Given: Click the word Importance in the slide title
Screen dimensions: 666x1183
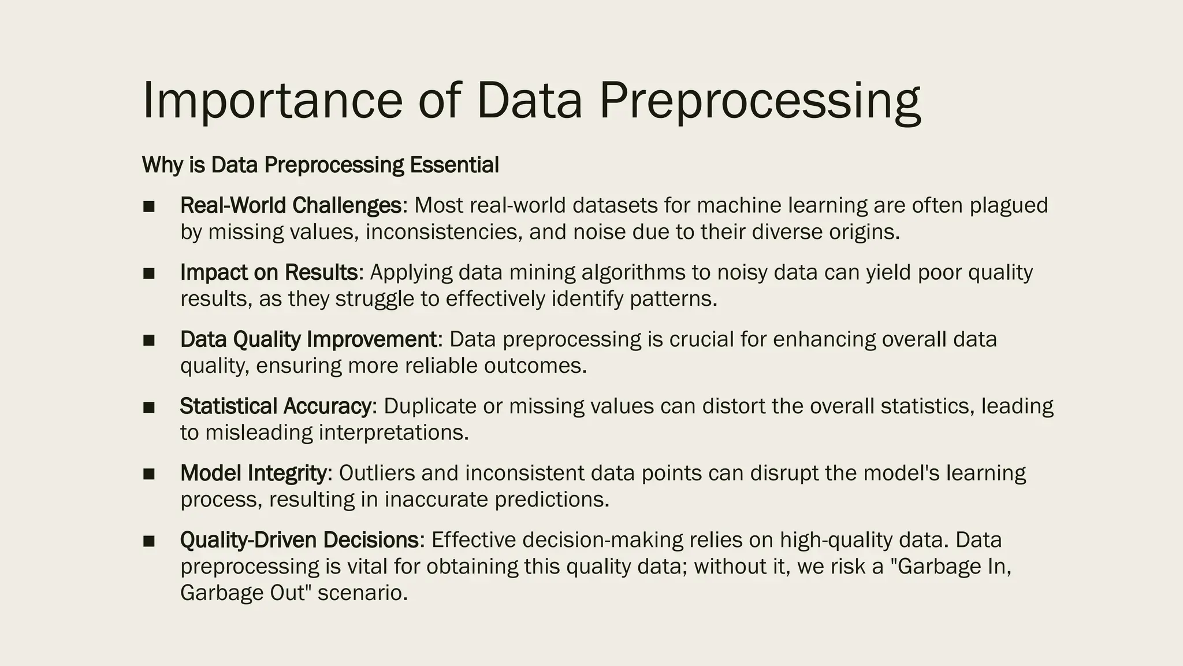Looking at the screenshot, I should pos(271,101).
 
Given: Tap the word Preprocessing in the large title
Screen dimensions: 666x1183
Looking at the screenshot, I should pos(760,101).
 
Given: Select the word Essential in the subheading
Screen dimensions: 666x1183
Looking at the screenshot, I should pos(454,165).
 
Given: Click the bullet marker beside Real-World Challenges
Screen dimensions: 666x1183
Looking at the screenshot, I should pos(149,206).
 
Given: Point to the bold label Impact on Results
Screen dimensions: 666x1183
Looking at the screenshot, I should pos(269,272).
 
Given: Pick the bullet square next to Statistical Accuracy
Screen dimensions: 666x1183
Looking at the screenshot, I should pos(149,408).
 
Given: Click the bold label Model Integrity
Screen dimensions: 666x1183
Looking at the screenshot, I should pos(254,473).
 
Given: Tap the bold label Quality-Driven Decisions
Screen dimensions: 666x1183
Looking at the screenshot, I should pos(299,540).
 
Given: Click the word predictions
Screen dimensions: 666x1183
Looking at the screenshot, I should pos(552,500).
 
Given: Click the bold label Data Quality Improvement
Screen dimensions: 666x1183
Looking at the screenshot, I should pos(308,339).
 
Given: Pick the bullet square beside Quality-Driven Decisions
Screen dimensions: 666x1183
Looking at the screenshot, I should pos(149,541).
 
